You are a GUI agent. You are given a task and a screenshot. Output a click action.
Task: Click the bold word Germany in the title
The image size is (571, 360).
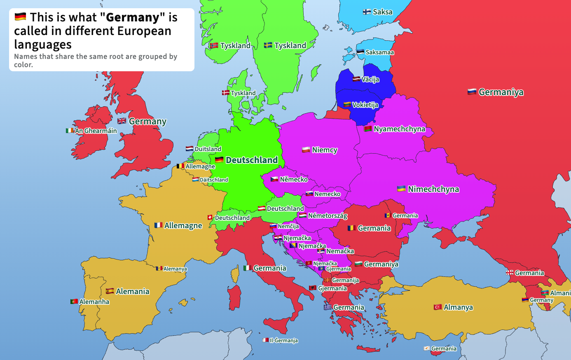click(133, 17)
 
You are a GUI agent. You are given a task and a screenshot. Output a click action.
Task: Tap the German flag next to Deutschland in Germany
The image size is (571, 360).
click(219, 160)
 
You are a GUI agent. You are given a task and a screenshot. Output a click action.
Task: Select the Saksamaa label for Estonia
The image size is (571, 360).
click(379, 52)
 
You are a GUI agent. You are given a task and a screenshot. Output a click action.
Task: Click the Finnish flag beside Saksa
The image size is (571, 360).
click(367, 12)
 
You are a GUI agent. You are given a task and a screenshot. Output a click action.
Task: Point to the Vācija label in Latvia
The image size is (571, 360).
click(370, 79)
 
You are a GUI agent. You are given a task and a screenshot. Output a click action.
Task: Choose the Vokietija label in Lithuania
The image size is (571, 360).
click(365, 105)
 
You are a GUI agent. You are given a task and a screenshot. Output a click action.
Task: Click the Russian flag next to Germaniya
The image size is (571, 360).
click(472, 92)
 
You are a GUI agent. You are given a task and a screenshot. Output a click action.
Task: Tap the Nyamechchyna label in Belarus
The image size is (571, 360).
click(399, 129)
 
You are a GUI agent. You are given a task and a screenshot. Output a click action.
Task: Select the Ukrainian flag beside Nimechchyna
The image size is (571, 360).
click(401, 189)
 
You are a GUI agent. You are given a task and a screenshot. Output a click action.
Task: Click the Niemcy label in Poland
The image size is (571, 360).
click(325, 150)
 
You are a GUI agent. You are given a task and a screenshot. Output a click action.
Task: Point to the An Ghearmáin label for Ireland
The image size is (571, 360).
click(96, 131)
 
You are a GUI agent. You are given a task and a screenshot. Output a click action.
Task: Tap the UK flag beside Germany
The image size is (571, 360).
click(122, 121)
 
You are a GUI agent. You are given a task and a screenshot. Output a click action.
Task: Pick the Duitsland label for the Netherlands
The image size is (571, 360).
click(208, 149)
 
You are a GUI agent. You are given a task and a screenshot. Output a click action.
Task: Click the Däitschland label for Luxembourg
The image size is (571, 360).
click(213, 180)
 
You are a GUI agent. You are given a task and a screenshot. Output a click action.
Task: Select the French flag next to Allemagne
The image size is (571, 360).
click(158, 225)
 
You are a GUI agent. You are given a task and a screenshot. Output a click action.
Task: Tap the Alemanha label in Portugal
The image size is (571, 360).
click(94, 302)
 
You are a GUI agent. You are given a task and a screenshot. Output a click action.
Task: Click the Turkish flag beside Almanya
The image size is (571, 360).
click(438, 307)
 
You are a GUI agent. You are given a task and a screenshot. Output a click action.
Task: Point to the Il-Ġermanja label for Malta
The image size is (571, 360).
click(283, 341)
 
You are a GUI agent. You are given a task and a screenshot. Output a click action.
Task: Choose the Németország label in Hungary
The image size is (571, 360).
click(328, 216)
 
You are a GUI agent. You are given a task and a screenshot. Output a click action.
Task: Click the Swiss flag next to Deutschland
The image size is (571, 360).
click(210, 217)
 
